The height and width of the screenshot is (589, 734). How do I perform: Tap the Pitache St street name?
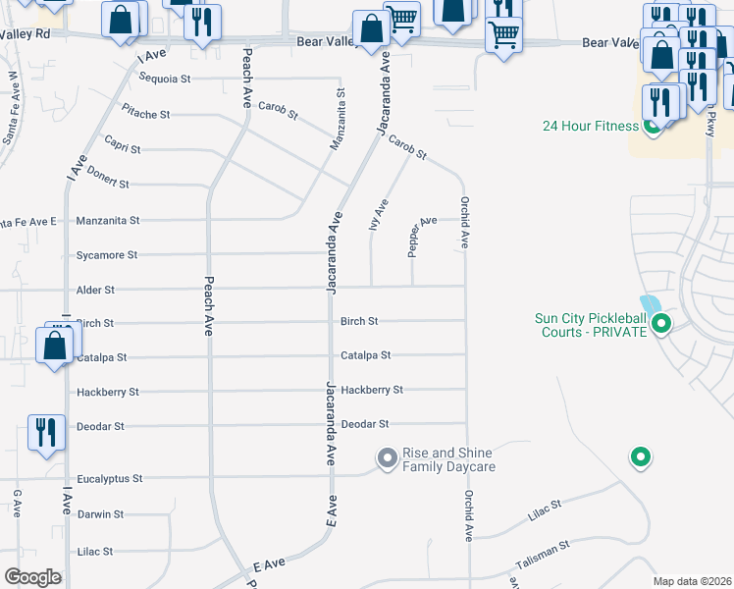146,114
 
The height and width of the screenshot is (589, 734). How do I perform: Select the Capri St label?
123,149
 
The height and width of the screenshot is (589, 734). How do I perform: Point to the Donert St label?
108,184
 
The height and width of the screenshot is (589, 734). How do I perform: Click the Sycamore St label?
106,255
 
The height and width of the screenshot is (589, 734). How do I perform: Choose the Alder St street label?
95,291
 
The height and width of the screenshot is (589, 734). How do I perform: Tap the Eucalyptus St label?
110,479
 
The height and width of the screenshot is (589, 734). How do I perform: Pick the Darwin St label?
100,514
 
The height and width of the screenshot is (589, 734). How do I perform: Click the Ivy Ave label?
378,214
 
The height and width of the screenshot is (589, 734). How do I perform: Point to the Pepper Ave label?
422,236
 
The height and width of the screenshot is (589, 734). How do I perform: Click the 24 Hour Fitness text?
591,126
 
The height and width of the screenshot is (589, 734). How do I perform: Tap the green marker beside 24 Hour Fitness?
652,126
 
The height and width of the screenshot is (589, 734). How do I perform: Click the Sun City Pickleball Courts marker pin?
661,322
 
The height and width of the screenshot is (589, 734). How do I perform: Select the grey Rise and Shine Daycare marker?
387,457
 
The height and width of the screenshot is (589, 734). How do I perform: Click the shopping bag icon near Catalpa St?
54,346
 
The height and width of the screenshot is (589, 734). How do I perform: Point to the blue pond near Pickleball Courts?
650,305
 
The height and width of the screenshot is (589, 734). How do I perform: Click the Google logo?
32,576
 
